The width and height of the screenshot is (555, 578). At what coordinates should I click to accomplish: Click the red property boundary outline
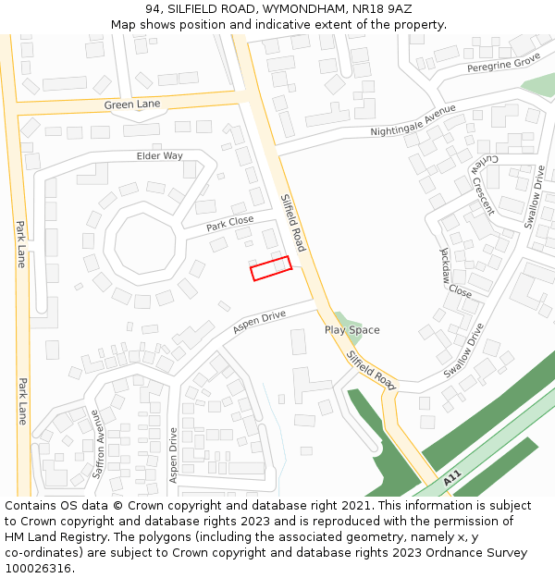[x=271, y=268]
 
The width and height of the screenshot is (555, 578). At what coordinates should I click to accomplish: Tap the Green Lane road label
[x=131, y=105]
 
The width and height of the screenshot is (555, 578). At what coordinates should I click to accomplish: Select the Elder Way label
[x=160, y=155]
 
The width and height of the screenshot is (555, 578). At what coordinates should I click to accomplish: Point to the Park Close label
[x=229, y=223]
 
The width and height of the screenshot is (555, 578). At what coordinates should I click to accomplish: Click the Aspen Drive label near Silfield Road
[x=260, y=322]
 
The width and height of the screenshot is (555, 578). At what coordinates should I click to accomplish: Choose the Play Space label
[x=351, y=330]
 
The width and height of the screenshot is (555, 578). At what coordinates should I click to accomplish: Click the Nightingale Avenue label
[x=413, y=121]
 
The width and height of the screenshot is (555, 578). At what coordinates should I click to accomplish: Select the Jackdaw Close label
[x=455, y=271]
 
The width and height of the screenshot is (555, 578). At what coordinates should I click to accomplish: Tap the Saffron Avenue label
[x=98, y=445]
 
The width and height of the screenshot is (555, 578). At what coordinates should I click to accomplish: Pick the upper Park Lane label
[x=20, y=243]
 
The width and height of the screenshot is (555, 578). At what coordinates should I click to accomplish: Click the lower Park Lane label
[x=20, y=400]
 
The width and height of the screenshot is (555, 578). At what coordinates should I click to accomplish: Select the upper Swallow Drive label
[x=535, y=197]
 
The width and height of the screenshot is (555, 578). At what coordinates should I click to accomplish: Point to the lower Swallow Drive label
[x=464, y=350]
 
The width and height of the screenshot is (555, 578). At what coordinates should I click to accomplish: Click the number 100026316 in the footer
[x=38, y=568]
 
